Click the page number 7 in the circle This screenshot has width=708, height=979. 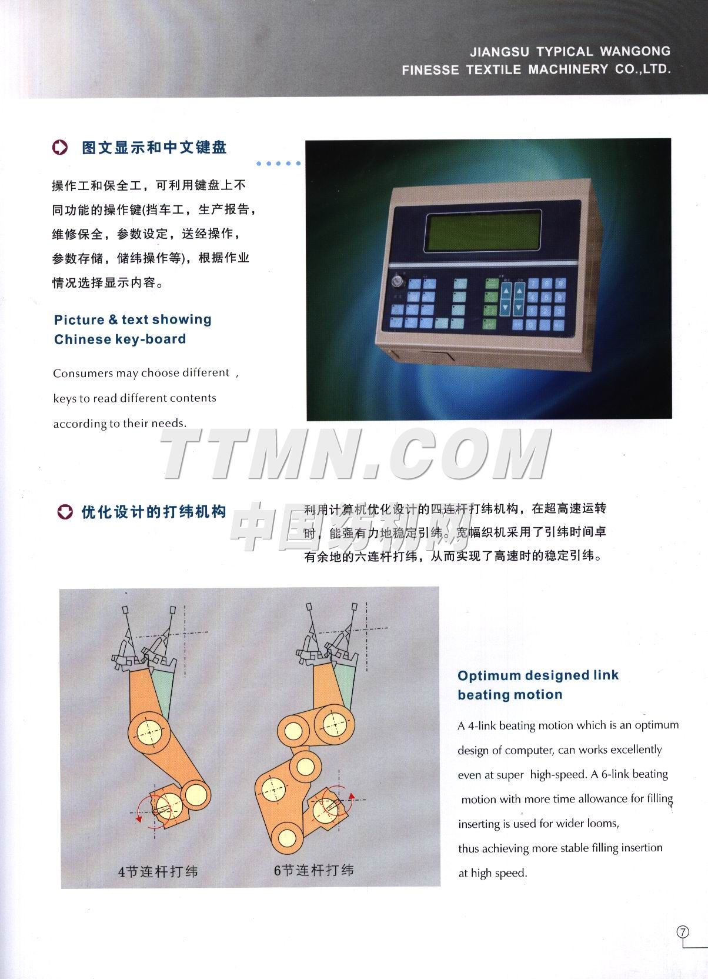tap(683, 932)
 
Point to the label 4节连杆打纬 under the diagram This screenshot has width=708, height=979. tap(158, 871)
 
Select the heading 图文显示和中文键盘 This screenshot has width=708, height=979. tap(154, 148)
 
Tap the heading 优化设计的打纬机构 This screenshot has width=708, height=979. tap(153, 512)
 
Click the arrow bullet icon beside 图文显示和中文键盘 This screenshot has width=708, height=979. tap(61, 148)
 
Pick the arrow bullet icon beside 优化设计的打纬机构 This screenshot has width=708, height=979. tap(65, 512)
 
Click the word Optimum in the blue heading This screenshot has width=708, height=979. tap(489, 675)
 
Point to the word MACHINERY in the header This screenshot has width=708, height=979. tap(568, 69)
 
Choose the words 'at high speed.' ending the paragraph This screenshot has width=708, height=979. tap(493, 873)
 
